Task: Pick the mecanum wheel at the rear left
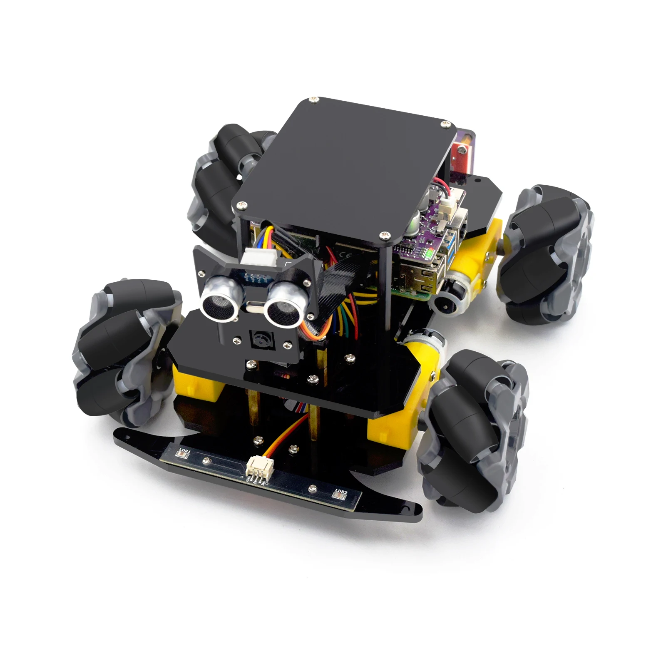[x=221, y=175]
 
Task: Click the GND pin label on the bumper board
[x=249, y=478]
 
